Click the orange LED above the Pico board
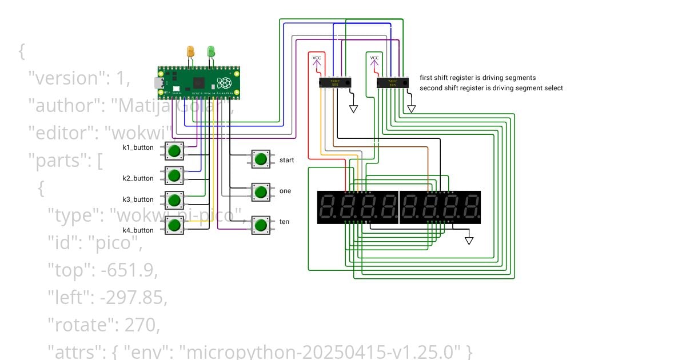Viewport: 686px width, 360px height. coord(191,52)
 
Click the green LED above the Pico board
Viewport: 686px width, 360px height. coord(211,52)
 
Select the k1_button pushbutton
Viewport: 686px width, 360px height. coord(174,151)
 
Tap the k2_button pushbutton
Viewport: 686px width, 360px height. coord(174,175)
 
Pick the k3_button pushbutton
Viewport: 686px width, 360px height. coord(174,200)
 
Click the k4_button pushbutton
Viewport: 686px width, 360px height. coord(174,225)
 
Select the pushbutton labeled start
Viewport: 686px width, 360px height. coord(261,159)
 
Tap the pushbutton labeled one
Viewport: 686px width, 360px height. coord(261,192)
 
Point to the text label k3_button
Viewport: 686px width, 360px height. coord(138,199)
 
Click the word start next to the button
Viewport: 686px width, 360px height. coord(286,160)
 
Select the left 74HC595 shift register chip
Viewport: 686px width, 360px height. coord(334,83)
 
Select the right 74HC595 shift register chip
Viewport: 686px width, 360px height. coord(393,83)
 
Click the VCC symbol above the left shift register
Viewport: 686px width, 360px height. coord(317,59)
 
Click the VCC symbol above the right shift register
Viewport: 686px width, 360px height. coord(374,59)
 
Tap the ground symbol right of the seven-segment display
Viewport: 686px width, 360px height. coord(469,240)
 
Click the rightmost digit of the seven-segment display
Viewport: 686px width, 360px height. coord(470,207)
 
